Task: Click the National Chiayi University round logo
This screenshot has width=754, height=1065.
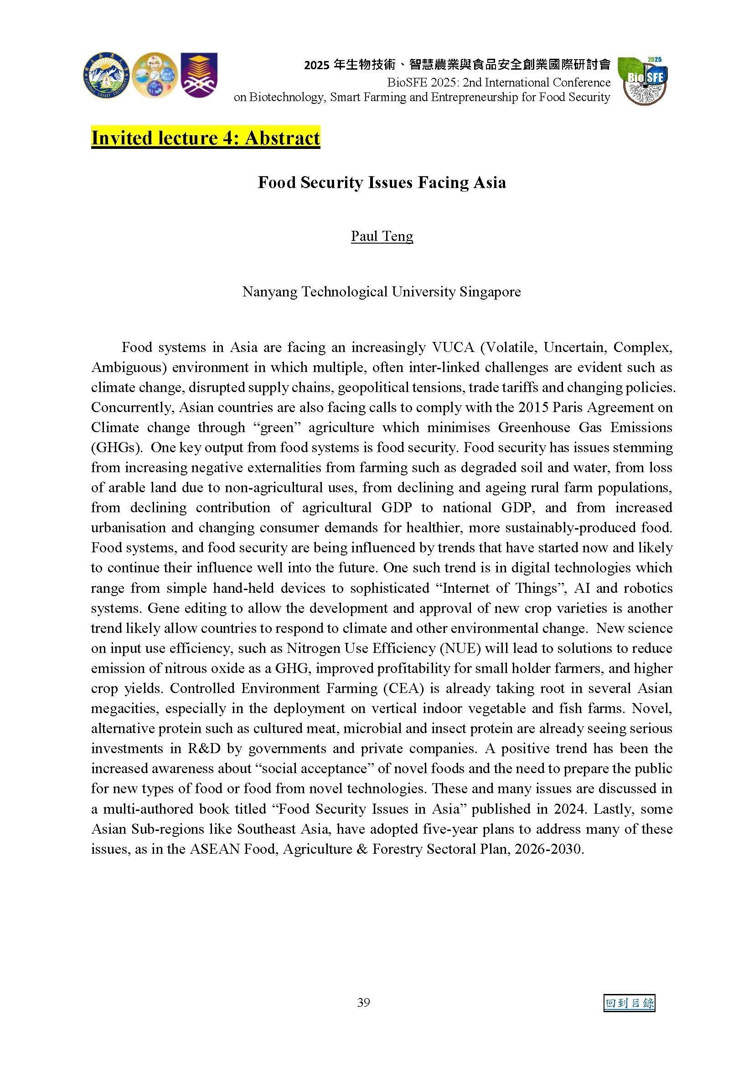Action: point(107,75)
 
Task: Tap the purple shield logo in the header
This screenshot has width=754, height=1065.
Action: point(199,75)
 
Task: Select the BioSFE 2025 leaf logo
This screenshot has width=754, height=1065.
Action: point(644,80)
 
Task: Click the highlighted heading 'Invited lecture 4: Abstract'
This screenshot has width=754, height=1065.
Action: point(205,138)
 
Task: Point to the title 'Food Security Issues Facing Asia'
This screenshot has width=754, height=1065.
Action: point(382,182)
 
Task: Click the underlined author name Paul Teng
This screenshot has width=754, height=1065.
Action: point(382,236)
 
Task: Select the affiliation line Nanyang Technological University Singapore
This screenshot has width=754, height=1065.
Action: point(382,292)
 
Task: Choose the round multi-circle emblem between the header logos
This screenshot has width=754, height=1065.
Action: point(154,75)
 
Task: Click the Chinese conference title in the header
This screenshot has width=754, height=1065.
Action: point(457,65)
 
